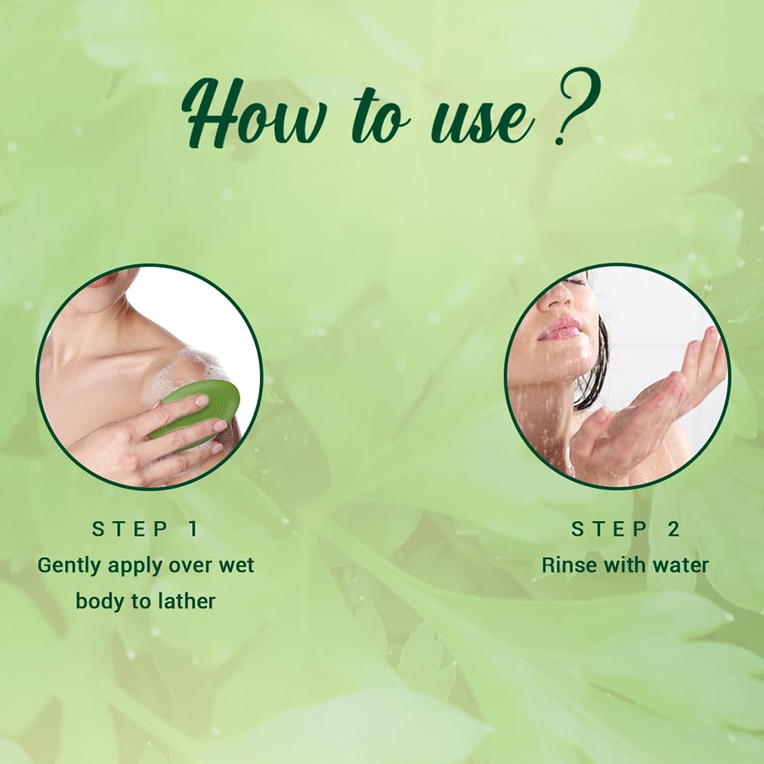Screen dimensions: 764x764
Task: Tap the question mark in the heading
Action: click(x=578, y=105)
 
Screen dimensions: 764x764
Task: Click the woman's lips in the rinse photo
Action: click(x=559, y=329)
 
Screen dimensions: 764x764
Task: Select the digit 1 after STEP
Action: click(x=193, y=529)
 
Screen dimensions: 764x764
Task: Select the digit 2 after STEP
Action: click(x=673, y=529)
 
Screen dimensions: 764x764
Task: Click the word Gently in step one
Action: click(x=70, y=566)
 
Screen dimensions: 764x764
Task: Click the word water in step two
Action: click(x=681, y=565)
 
